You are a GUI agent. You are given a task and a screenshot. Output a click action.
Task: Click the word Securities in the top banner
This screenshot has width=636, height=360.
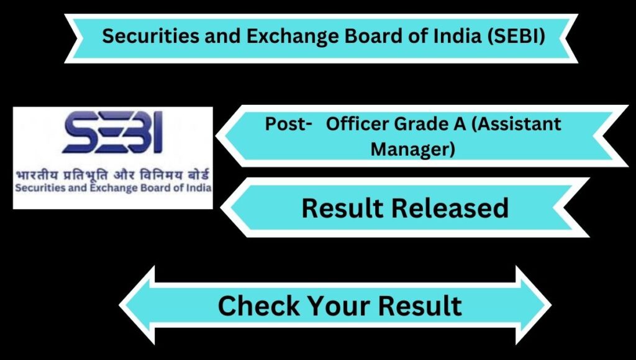tap(150, 36)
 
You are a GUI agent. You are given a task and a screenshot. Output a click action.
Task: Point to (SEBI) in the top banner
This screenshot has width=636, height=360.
tap(516, 37)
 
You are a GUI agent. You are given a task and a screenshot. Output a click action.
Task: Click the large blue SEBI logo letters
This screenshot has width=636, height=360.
tap(113, 132)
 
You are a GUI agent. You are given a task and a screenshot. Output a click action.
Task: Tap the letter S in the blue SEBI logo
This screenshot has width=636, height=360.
tap(80, 132)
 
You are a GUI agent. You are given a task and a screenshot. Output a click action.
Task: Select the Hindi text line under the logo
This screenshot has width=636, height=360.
tap(113, 176)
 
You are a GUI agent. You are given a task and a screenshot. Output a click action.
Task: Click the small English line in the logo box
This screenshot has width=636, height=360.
tap(113, 188)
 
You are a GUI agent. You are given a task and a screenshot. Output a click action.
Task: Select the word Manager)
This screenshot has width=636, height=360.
tap(412, 149)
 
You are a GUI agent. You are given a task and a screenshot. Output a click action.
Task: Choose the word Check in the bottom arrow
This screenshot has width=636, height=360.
tap(259, 305)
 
